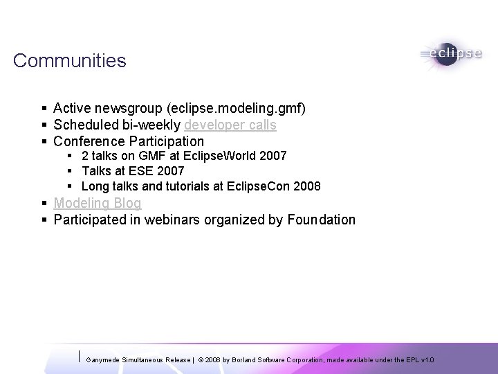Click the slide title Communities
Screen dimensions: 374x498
[x=69, y=61]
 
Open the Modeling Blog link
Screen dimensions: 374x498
[x=98, y=203]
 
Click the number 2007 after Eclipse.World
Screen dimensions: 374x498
[x=272, y=156]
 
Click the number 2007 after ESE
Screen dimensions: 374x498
[x=170, y=171]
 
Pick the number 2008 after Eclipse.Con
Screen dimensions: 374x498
[x=306, y=186]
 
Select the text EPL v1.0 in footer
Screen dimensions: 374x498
[x=423, y=360]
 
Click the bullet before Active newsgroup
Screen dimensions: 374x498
[x=44, y=109]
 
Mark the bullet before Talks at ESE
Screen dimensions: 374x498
[x=71, y=171]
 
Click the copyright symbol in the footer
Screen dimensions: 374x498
[x=201, y=360]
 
